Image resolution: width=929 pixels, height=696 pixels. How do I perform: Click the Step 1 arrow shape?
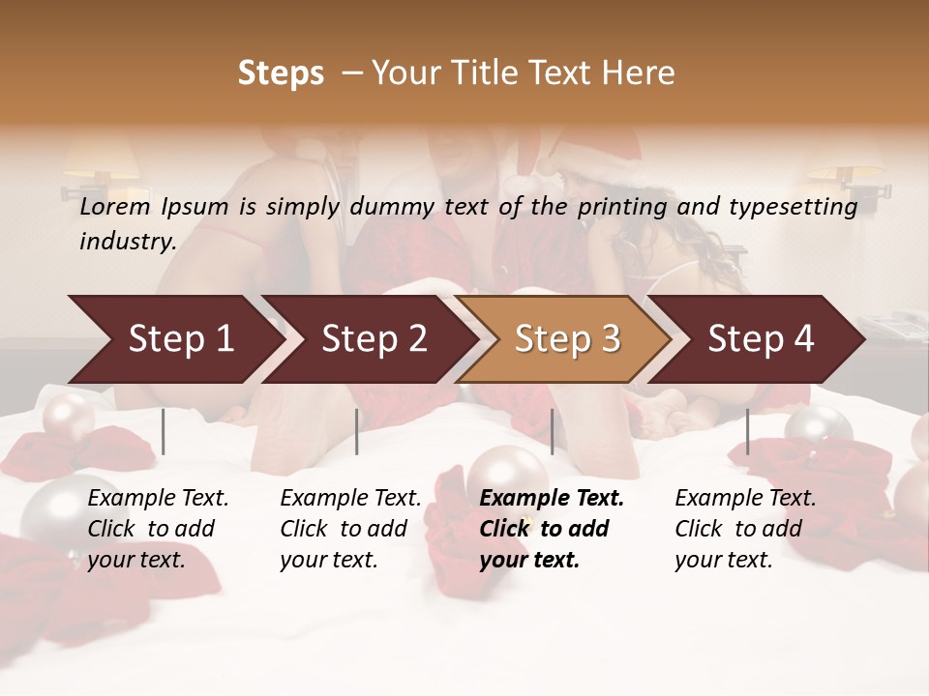(x=180, y=339)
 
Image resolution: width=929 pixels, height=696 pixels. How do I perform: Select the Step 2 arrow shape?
(x=374, y=339)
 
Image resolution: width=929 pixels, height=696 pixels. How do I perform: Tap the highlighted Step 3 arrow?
(x=567, y=339)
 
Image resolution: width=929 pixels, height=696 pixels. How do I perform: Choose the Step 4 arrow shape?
(x=761, y=339)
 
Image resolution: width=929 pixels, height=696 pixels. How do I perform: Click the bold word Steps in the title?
(x=281, y=73)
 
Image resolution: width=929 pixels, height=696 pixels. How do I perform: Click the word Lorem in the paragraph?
(x=115, y=206)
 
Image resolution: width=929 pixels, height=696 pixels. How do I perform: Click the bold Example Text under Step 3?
(x=552, y=499)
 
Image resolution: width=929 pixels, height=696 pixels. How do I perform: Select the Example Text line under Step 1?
(x=158, y=499)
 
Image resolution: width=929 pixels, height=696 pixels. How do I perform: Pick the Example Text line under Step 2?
(x=350, y=499)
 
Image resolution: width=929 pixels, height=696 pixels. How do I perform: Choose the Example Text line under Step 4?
(x=745, y=499)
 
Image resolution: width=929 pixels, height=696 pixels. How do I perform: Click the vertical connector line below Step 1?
(x=164, y=431)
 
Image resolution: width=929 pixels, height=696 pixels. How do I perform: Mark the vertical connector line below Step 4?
(x=747, y=431)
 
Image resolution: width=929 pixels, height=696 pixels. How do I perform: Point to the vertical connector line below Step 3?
(x=552, y=431)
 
